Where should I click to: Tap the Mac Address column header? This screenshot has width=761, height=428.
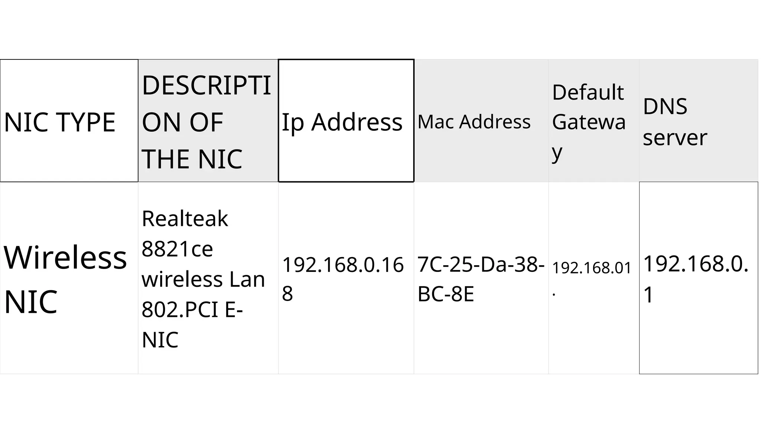click(474, 122)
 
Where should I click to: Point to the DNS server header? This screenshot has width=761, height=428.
click(674, 122)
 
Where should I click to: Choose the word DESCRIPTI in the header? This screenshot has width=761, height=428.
click(206, 85)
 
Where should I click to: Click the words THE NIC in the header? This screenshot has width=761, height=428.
click(192, 159)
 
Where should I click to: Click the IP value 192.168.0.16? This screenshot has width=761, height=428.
click(343, 265)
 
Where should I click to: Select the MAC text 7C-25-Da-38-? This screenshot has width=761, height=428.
click(481, 264)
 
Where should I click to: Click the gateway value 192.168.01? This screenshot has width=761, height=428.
click(592, 268)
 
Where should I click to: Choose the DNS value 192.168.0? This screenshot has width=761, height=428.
click(696, 264)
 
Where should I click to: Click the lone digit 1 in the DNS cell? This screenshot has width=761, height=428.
click(648, 295)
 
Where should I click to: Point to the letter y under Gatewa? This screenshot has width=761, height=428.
click(557, 152)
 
